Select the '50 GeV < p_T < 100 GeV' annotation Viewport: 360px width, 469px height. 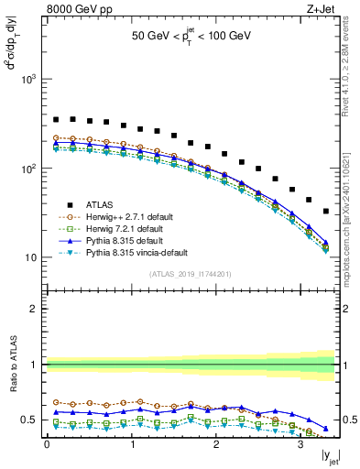192,37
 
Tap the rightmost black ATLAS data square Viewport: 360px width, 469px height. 326,212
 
